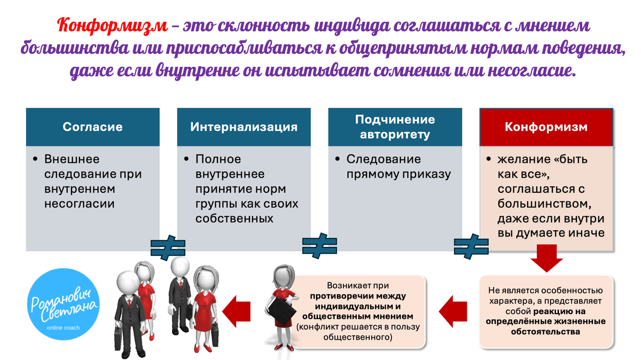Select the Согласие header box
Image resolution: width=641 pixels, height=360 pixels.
coord(93,127)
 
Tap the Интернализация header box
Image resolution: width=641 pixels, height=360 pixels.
coord(244,127)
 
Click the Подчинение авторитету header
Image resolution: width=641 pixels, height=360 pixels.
coord(395,127)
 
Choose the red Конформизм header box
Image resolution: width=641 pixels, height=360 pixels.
coord(546,127)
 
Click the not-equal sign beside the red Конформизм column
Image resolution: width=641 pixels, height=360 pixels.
coord(471,245)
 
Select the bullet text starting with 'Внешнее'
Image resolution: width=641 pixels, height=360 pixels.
coord(94,182)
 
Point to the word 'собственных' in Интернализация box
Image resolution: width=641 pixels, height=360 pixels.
coord(234,218)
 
